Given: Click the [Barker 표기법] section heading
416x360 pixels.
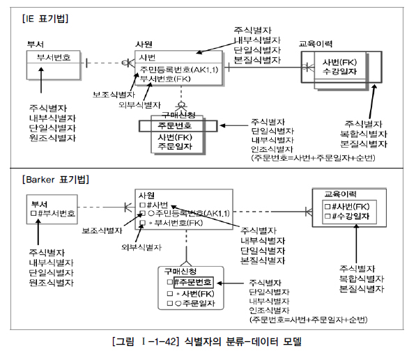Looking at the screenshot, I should [58, 179].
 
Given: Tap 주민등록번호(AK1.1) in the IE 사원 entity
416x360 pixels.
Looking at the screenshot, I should [179, 70].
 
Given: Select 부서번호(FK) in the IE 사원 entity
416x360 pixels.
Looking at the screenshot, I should [165, 79].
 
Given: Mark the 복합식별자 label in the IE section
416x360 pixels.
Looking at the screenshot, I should [363, 133].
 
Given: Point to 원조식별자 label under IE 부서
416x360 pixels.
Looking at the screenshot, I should [52, 138].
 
